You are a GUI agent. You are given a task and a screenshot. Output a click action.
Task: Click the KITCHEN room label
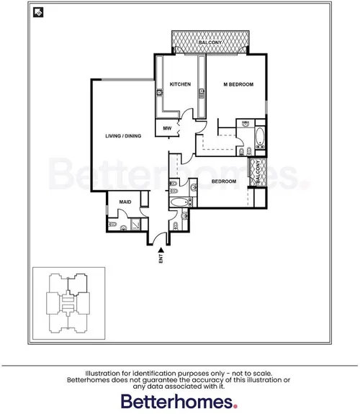(179, 85)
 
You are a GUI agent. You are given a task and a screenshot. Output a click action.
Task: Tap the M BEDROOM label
(238, 85)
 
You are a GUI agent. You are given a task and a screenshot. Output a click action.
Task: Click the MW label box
(167, 129)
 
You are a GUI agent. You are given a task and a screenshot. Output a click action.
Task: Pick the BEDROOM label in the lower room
(224, 181)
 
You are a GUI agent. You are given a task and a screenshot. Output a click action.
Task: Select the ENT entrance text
(161, 258)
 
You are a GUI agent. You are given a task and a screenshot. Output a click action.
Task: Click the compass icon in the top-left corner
(37, 12)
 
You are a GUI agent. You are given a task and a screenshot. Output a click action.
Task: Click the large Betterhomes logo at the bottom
(176, 400)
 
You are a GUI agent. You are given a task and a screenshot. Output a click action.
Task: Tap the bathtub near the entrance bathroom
(179, 203)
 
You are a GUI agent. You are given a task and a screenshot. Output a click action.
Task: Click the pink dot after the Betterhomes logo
(233, 405)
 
